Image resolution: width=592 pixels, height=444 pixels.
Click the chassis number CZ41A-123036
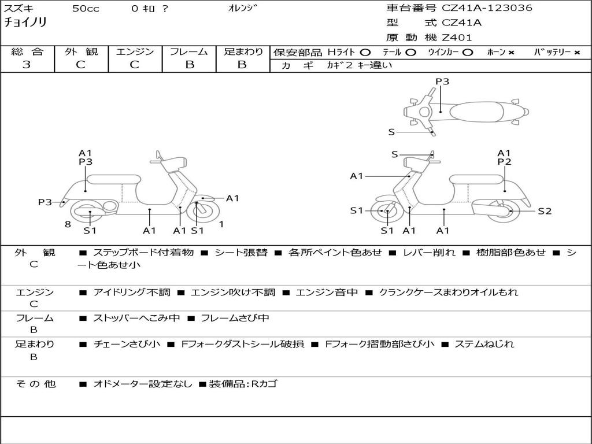click(x=487, y=8)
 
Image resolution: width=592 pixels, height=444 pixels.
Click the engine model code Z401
click(x=457, y=38)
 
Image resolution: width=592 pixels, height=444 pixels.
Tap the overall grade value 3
click(x=27, y=65)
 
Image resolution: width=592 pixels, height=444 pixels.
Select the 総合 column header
click(x=27, y=51)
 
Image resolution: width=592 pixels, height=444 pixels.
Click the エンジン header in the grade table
click(x=135, y=51)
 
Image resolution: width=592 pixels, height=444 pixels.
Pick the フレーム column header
click(x=189, y=51)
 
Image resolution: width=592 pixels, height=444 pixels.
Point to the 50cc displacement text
click(x=86, y=9)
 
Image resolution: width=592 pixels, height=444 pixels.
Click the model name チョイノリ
click(x=25, y=23)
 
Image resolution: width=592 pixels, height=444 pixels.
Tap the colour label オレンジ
click(x=243, y=8)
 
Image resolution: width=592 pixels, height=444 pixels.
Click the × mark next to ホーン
click(x=511, y=52)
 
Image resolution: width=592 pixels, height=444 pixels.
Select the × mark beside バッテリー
click(x=576, y=52)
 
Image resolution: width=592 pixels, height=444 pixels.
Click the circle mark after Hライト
click(x=365, y=52)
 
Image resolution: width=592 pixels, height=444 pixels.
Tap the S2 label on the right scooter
click(x=545, y=211)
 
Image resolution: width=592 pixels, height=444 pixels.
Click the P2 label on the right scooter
click(x=504, y=162)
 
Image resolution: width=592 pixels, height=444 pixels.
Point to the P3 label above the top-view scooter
click(x=442, y=82)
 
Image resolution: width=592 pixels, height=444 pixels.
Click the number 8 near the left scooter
click(x=68, y=224)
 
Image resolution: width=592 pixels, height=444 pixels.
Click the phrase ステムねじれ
click(x=484, y=344)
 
